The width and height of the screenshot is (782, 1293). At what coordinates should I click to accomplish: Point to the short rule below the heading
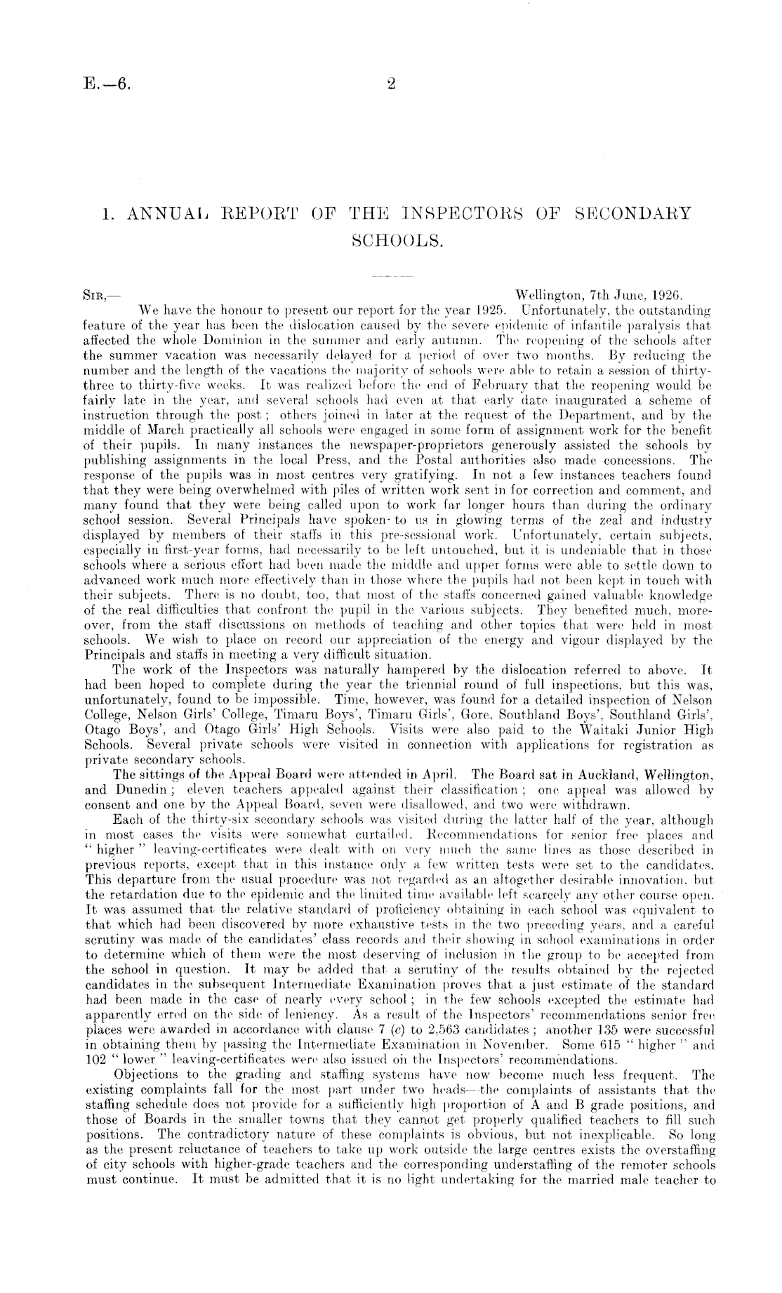coord(390,277)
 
